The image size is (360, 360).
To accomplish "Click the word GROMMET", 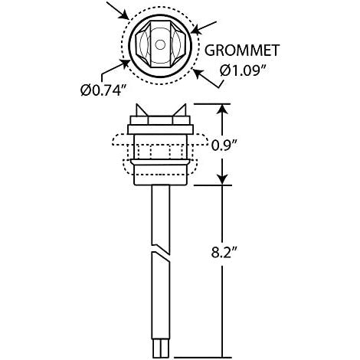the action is point(242,51).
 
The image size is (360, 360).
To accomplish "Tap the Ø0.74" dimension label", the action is point(104,90).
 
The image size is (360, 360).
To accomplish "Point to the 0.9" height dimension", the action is point(224,146).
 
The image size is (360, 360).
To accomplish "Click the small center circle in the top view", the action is point(160,45).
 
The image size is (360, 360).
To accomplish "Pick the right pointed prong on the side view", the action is point(180,110).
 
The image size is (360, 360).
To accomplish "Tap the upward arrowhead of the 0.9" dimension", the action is point(223,110).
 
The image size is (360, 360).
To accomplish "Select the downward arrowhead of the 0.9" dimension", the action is point(223,178).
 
